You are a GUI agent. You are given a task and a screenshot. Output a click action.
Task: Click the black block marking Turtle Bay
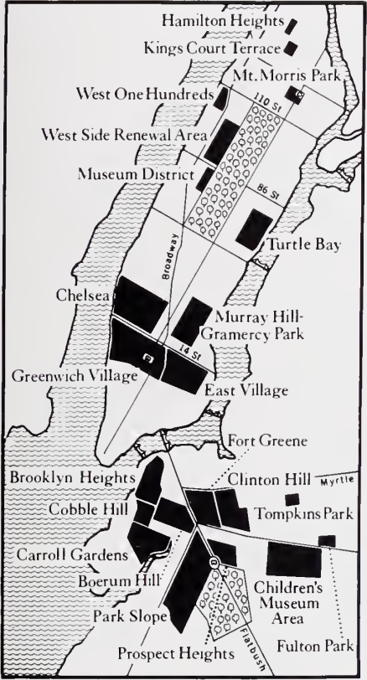(x=254, y=227)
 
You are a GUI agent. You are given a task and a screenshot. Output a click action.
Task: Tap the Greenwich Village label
(x=75, y=376)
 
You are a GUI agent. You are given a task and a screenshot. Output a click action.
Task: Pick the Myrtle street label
(x=333, y=482)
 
